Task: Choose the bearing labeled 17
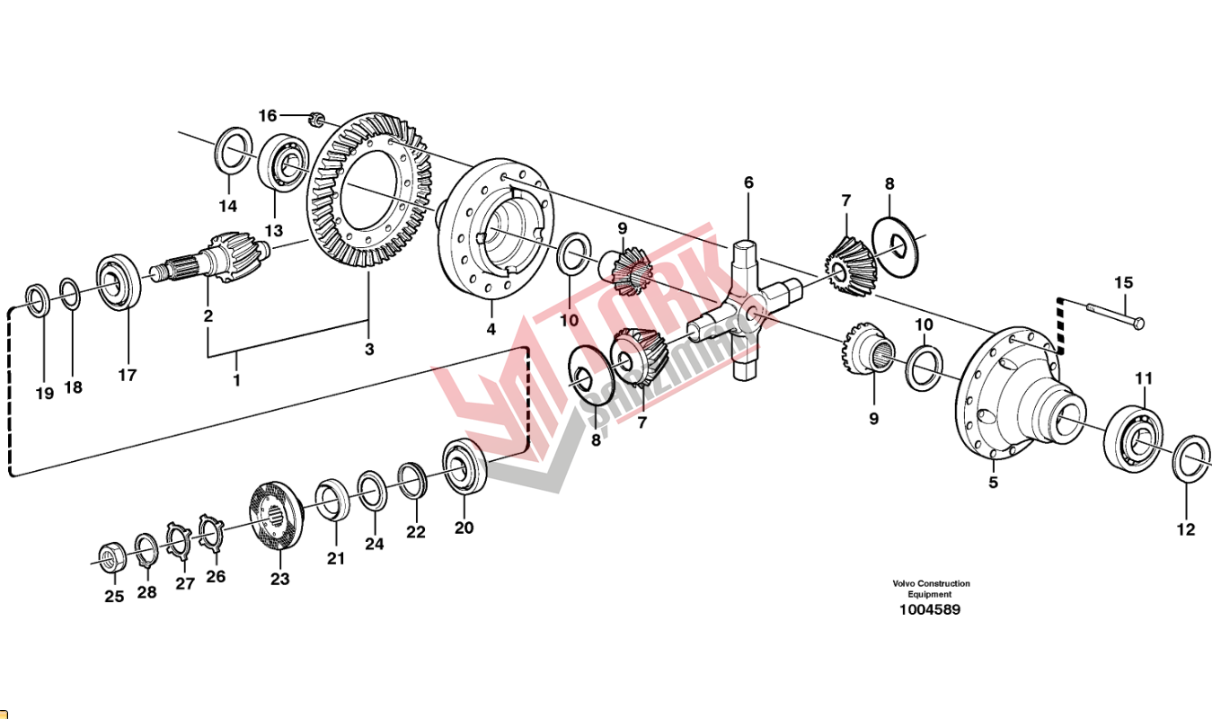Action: tap(118, 283)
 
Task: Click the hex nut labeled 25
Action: tap(111, 558)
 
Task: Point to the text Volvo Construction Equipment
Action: tap(931, 589)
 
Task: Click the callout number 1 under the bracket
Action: tap(237, 381)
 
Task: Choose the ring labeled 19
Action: tap(38, 299)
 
